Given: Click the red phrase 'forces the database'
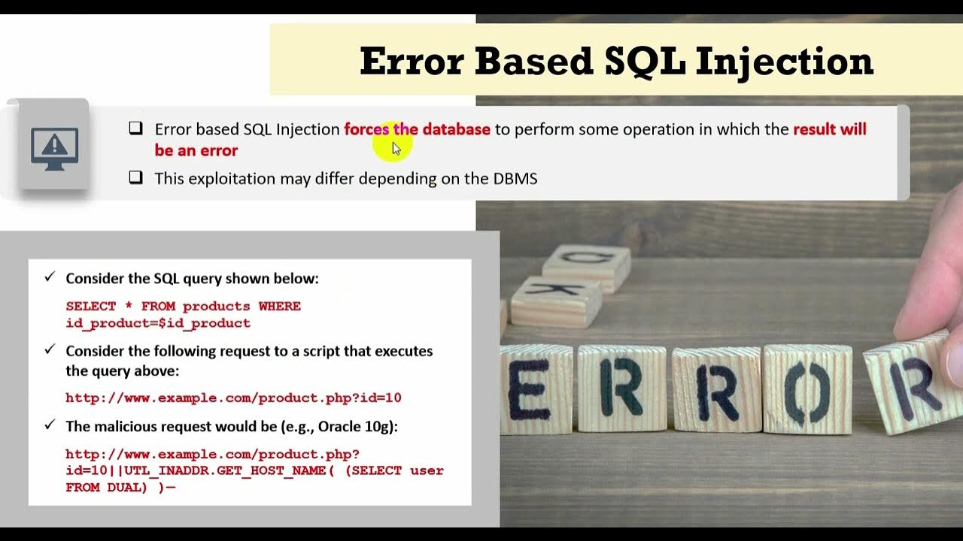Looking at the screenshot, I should [x=417, y=129].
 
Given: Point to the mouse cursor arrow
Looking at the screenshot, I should [x=396, y=148].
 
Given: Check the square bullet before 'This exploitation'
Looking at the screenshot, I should [x=135, y=178].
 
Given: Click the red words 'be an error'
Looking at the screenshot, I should [x=196, y=150].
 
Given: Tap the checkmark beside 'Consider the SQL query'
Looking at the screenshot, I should [x=50, y=277].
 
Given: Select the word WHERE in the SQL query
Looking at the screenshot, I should [x=280, y=307].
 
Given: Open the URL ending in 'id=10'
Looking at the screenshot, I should [x=233, y=398].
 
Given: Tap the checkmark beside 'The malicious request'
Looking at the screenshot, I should [x=50, y=425].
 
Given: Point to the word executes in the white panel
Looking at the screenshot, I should [x=403, y=351].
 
